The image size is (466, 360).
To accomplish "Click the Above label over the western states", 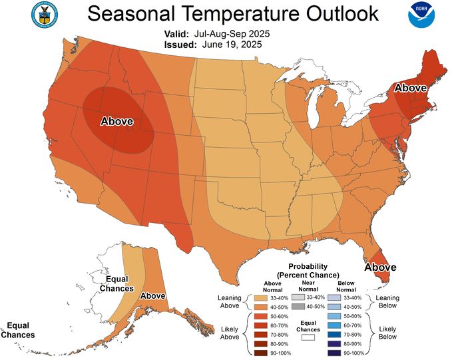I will point(116,121).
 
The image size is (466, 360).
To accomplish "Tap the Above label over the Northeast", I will point(412,87).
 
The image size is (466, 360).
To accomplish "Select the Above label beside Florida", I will point(380,267).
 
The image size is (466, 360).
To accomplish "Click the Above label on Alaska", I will point(153,295).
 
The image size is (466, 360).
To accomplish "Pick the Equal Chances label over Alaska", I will point(116,284).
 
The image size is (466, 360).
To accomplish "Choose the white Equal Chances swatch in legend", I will point(307,337).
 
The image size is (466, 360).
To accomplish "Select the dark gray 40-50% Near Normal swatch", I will point(298,306).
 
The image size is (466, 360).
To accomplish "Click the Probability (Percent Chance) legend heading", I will point(308,270).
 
